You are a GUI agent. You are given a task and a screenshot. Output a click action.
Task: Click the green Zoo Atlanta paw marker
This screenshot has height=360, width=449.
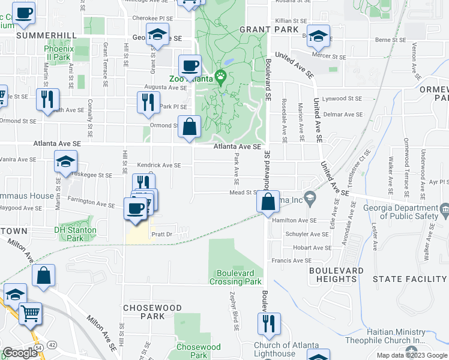click(221, 76)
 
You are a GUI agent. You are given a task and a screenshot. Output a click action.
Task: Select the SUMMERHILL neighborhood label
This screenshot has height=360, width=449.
click(39, 35)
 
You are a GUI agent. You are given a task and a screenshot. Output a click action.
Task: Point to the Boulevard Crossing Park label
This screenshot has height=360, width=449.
click(236, 277)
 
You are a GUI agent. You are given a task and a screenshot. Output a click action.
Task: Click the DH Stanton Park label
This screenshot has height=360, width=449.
click(75, 234)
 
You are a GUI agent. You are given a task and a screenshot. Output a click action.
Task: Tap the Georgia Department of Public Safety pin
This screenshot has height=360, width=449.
click(444, 209)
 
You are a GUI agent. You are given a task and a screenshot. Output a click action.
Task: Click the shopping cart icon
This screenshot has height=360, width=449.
click(31, 313)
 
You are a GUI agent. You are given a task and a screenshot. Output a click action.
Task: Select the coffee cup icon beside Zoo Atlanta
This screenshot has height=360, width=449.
click(190, 65)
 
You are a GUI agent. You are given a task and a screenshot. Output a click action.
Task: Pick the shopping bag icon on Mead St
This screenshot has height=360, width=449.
click(268, 202)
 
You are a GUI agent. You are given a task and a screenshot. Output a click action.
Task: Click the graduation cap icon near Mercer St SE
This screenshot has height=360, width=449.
click(318, 35)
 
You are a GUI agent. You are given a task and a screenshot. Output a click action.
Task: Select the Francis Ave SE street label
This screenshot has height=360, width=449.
click(292, 260)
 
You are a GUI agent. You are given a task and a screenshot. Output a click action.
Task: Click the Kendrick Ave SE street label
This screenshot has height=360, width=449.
click(159, 165)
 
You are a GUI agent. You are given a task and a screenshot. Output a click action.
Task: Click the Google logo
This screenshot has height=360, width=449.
click(20, 353)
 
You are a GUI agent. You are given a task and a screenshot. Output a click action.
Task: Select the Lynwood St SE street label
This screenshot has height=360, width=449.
click(342, 98)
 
